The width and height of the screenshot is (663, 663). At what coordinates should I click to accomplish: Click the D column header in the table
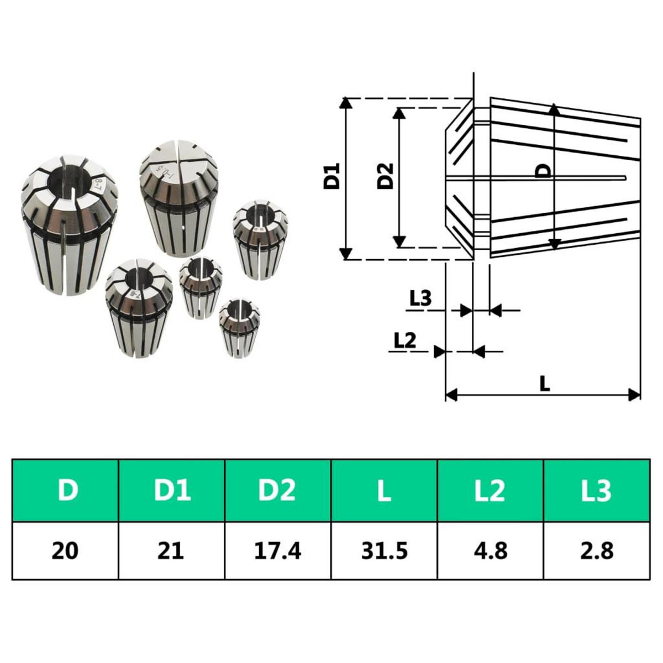[x=66, y=490]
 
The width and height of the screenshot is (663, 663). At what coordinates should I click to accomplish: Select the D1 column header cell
[x=172, y=490]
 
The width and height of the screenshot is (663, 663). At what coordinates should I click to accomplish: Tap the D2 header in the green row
[x=278, y=490]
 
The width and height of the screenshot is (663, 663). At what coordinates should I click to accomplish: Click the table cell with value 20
[x=66, y=551]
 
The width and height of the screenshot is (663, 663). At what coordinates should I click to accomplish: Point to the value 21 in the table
[x=172, y=551]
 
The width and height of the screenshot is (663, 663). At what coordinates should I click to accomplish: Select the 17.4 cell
[x=278, y=551]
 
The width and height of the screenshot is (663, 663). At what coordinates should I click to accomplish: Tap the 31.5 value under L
[x=384, y=551]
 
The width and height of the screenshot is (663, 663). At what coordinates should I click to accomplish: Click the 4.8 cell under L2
[x=491, y=551]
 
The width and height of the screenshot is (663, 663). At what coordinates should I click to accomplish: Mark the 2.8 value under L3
[x=597, y=551]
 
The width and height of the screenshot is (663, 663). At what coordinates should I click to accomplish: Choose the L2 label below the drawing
[x=404, y=341]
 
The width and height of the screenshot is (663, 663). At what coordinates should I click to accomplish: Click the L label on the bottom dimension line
[x=545, y=383]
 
